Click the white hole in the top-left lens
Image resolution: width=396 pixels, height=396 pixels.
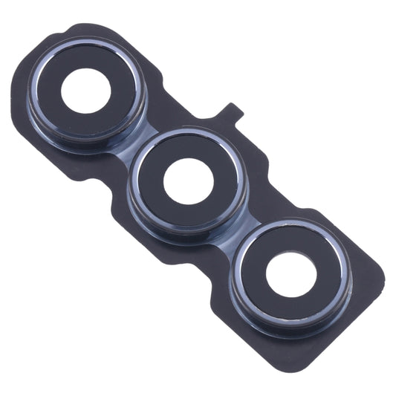coord(85,90)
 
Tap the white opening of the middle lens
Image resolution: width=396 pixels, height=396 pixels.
coord(189,181)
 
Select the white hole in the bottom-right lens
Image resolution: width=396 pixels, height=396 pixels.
coord(290,275)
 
